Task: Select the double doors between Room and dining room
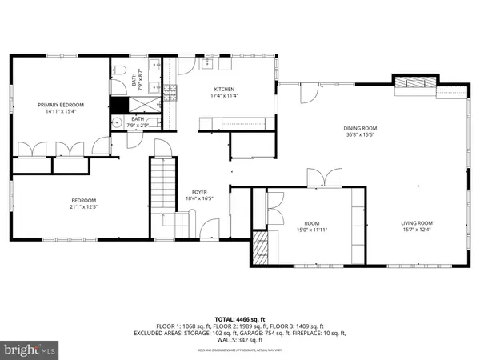(x=317, y=179)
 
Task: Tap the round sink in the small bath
(x=116, y=124)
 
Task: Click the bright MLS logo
(x=30, y=350)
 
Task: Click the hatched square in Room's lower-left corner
(x=262, y=248)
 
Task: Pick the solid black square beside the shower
(x=119, y=105)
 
